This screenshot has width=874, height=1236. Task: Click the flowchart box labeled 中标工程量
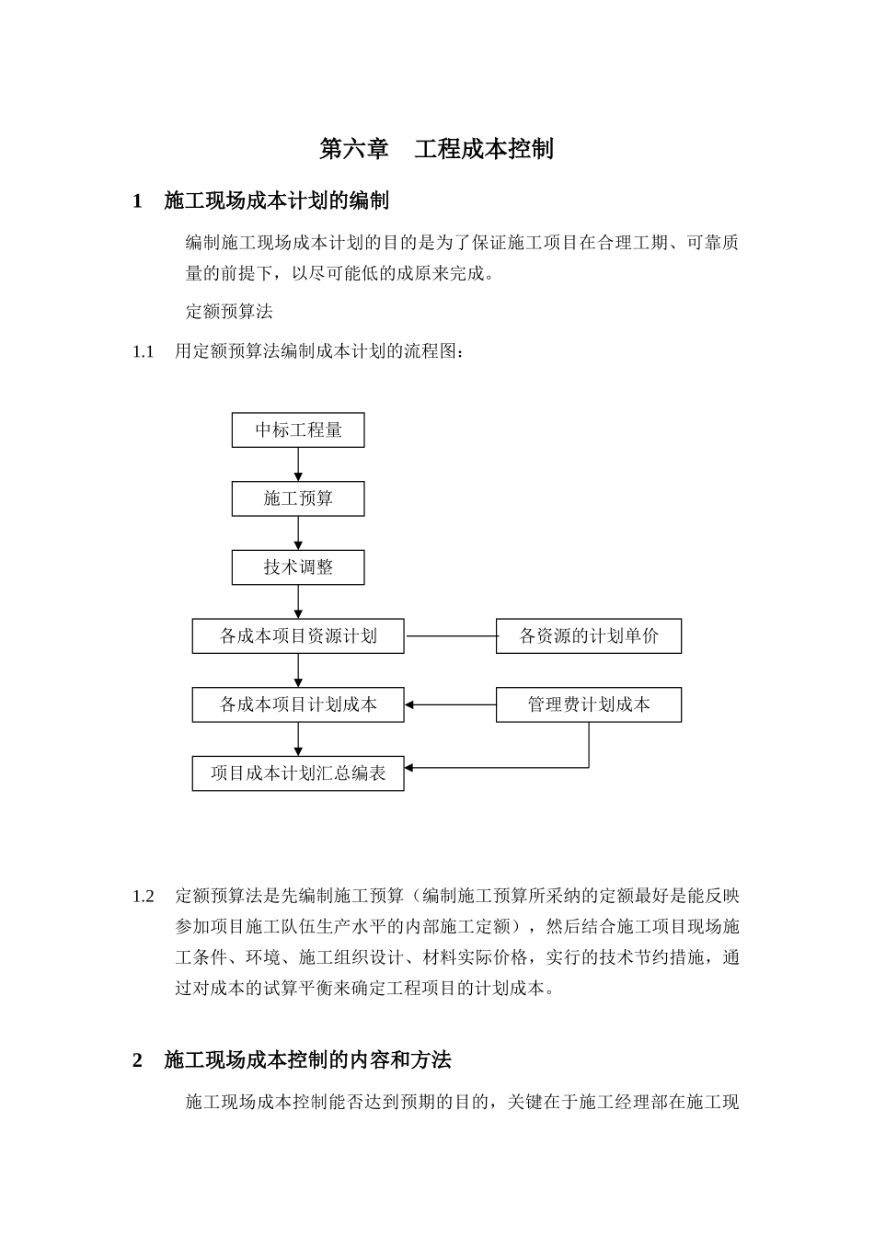(298, 430)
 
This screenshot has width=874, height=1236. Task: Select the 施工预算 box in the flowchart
(298, 498)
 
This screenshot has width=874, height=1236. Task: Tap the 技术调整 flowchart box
(298, 567)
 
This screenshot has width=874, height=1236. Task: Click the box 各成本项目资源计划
(298, 636)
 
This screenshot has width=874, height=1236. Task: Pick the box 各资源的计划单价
(589, 636)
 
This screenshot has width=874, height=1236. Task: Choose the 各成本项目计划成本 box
(298, 704)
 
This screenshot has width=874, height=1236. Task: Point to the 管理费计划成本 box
(589, 704)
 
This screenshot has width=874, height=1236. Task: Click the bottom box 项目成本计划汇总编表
(298, 773)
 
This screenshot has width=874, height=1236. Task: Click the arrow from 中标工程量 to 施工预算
(298, 464)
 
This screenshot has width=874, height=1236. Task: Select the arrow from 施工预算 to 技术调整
(298, 533)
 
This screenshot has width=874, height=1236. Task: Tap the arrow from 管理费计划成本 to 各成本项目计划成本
(451, 705)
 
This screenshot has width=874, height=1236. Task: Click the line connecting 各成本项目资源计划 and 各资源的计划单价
(451, 636)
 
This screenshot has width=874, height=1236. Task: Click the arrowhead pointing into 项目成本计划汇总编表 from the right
(410, 767)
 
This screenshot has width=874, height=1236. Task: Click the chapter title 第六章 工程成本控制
(436, 149)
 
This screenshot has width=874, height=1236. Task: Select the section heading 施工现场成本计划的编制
(276, 200)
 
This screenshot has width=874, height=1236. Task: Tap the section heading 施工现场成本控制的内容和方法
(307, 1060)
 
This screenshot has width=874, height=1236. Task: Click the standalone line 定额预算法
(229, 311)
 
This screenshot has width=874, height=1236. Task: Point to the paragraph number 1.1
(143, 351)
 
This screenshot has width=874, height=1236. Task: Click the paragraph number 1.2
(143, 897)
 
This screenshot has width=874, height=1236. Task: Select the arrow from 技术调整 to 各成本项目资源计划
(298, 601)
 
